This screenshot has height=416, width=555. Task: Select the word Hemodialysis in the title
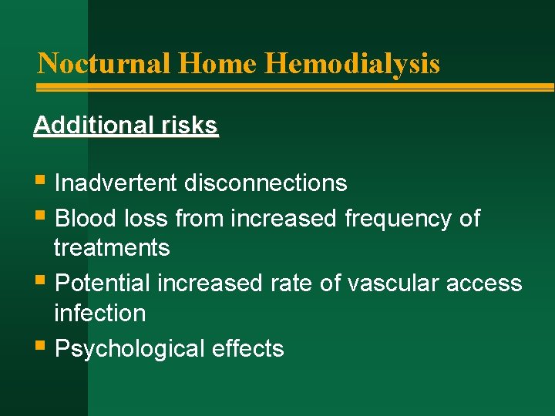point(352,63)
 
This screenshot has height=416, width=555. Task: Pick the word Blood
point(86,219)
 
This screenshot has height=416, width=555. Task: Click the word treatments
point(112,248)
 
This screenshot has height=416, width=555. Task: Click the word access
point(485,283)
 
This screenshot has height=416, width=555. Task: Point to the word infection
point(99,313)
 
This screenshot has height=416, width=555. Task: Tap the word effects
point(252,349)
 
